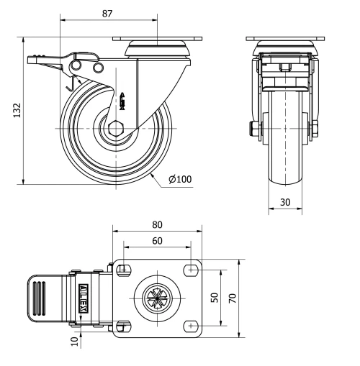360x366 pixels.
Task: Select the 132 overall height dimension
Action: click(15, 109)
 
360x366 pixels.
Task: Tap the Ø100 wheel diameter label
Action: click(179, 178)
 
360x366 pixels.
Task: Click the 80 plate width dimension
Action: click(158, 223)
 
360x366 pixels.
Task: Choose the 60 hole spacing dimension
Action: click(157, 241)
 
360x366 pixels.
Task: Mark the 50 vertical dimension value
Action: click(215, 296)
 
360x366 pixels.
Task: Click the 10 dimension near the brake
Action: click(72, 339)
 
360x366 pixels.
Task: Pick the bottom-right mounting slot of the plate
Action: click(191, 325)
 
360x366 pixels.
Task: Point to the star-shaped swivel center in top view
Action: click(156, 297)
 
